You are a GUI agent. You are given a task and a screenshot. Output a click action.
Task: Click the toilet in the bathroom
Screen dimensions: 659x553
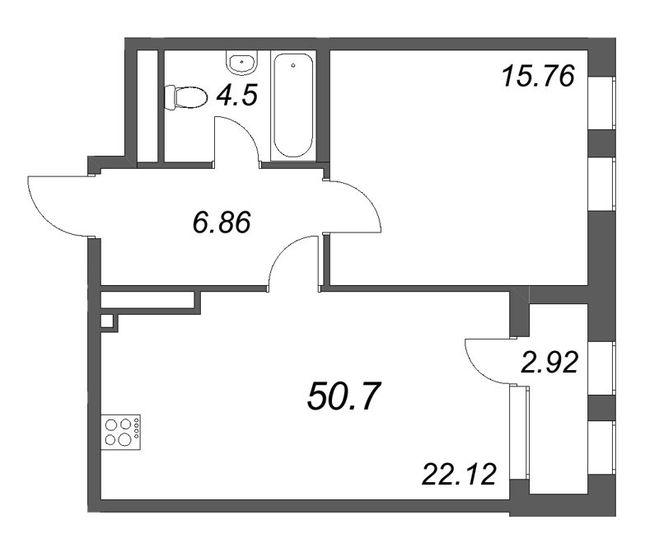tap(186, 97)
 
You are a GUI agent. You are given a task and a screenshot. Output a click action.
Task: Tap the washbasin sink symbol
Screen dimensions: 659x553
tap(241, 63)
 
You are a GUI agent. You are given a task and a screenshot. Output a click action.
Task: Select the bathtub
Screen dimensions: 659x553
tap(293, 105)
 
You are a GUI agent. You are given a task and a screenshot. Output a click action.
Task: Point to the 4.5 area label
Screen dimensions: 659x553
tap(236, 96)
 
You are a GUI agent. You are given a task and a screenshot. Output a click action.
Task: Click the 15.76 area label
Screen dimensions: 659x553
tap(539, 77)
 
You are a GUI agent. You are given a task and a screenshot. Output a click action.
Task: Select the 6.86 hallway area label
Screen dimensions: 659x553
tap(222, 222)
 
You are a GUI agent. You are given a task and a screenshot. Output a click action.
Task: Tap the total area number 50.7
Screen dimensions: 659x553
tap(344, 396)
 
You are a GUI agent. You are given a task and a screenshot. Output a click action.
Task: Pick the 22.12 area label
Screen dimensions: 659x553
tap(460, 475)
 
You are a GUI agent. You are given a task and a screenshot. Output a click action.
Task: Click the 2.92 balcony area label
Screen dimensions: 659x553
tap(549, 363)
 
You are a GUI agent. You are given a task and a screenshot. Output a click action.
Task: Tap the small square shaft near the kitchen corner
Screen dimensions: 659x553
tap(107, 321)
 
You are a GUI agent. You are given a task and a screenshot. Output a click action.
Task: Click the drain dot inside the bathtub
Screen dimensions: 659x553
tap(293, 66)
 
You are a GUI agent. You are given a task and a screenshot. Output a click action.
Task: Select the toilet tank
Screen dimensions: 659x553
tap(170, 97)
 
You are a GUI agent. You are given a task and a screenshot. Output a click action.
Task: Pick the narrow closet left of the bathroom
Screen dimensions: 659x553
tap(147, 105)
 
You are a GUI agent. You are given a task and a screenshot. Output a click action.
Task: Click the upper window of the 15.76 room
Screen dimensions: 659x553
tap(601, 103)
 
